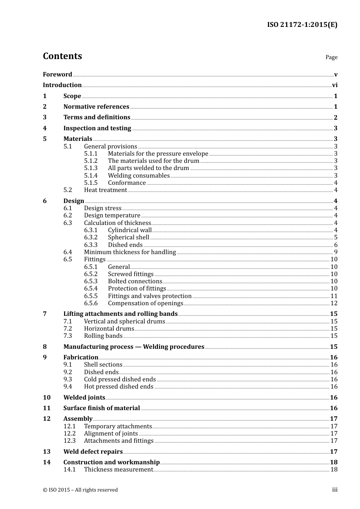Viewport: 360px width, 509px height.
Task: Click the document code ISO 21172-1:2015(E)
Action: pyautogui.click(x=302, y=25)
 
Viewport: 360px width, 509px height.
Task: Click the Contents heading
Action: pyautogui.click(x=62, y=56)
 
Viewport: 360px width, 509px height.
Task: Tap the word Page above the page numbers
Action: pyautogui.click(x=331, y=57)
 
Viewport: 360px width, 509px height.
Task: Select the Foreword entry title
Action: pyautogui.click(x=57, y=74)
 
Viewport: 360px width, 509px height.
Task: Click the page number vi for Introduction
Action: pyautogui.click(x=334, y=85)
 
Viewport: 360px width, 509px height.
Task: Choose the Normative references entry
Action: pyautogui.click(x=96, y=107)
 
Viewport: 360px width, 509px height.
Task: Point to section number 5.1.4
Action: pyautogui.click(x=91, y=175)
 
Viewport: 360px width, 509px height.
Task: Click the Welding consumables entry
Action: pyautogui.click(x=139, y=175)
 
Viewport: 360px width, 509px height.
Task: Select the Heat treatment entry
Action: pyautogui.click(x=105, y=190)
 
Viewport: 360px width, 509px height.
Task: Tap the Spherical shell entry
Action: pyautogui.click(x=128, y=237)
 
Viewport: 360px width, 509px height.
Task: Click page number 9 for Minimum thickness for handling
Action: pyautogui.click(x=335, y=252)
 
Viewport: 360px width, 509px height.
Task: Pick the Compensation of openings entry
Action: pyautogui.click(x=146, y=303)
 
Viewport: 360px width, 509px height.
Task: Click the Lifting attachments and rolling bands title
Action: pyautogui.click(x=121, y=314)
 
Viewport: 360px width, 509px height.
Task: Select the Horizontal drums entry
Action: pyautogui.click(x=109, y=329)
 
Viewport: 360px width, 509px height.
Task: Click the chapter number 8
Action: pyautogui.click(x=45, y=347)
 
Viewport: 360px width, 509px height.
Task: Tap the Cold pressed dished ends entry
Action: pyautogui.click(x=120, y=379)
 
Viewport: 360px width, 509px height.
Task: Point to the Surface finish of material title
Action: pyautogui.click(x=102, y=408)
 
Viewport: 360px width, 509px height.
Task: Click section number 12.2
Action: pyautogui.click(x=69, y=434)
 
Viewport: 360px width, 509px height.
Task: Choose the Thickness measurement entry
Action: pyautogui.click(x=118, y=470)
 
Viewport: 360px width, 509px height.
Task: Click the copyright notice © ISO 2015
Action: pyautogui.click(x=80, y=490)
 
